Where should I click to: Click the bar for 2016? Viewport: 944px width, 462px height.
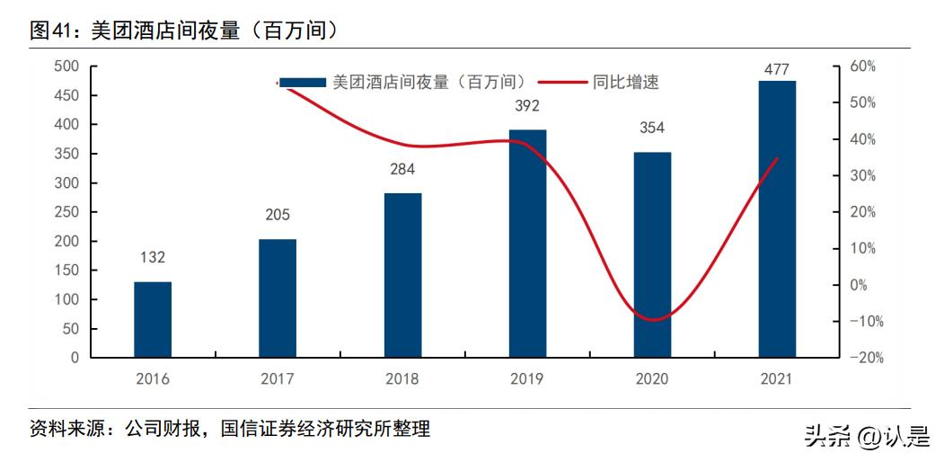click(x=153, y=319)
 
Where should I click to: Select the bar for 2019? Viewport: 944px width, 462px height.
click(x=527, y=243)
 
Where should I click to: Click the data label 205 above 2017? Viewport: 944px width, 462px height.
click(x=278, y=215)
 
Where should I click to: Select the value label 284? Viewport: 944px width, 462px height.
click(x=402, y=169)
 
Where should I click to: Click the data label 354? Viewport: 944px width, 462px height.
click(x=652, y=129)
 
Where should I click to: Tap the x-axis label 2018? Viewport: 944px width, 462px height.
click(x=402, y=379)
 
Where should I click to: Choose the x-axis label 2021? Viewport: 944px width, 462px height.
click(x=777, y=379)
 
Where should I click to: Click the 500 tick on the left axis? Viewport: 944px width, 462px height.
click(x=66, y=67)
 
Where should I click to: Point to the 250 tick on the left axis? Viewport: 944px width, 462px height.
click(x=66, y=212)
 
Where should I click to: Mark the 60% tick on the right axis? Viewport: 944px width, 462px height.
click(x=862, y=67)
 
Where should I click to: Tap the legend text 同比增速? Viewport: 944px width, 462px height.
click(x=625, y=82)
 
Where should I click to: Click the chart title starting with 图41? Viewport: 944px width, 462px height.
click(x=184, y=30)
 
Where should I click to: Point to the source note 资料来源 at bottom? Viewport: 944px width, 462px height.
click(x=230, y=429)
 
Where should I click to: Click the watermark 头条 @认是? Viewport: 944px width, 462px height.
click(x=867, y=436)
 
